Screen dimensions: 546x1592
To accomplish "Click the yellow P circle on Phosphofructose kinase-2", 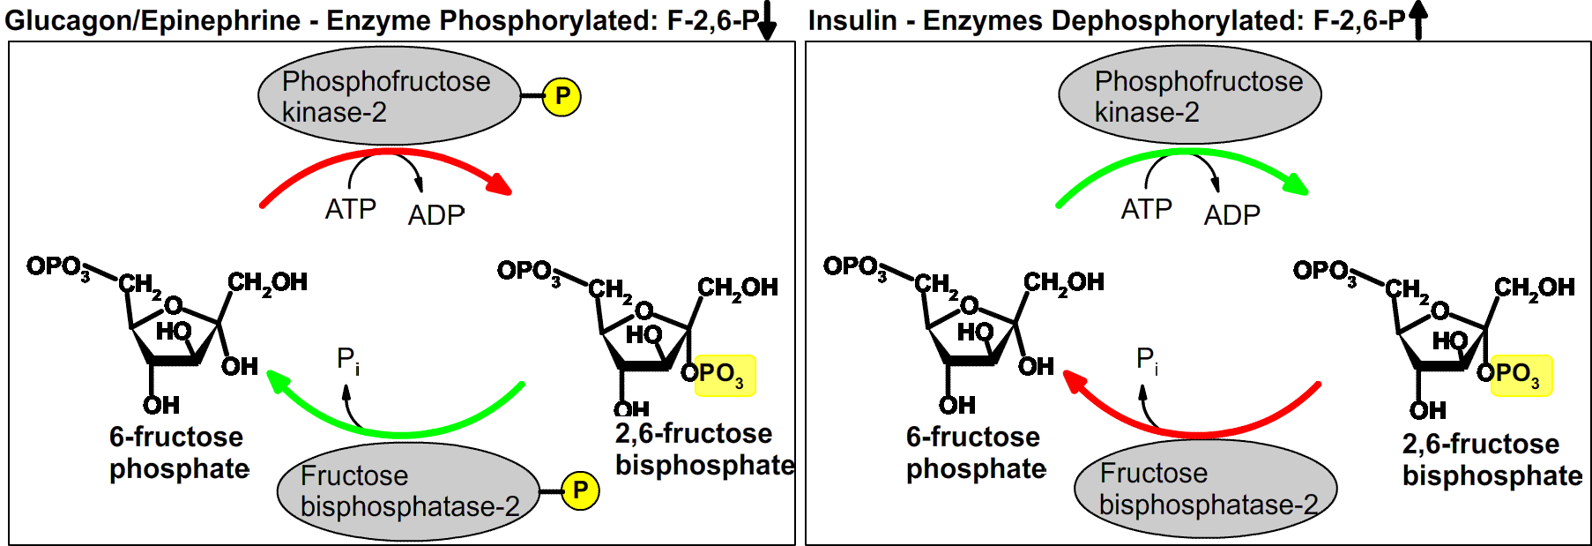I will tap(562, 96).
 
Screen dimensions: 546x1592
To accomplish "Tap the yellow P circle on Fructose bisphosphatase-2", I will tap(579, 490).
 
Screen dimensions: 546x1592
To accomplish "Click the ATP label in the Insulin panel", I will tap(1146, 210).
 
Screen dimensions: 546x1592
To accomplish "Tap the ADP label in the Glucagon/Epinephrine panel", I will tap(436, 215).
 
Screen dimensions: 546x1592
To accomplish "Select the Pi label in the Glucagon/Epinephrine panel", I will tap(347, 360).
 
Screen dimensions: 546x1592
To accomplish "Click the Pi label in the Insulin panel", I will tap(1147, 360).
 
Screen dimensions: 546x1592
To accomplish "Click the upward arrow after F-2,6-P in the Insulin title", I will tap(1417, 20).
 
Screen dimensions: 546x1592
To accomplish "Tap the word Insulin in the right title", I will tap(852, 20).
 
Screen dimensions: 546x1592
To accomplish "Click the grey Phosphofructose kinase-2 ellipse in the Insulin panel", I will tap(1189, 95).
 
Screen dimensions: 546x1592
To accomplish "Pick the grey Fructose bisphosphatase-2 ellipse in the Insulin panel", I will tap(1205, 489).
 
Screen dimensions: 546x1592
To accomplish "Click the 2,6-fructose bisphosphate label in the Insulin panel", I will tap(1491, 460).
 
